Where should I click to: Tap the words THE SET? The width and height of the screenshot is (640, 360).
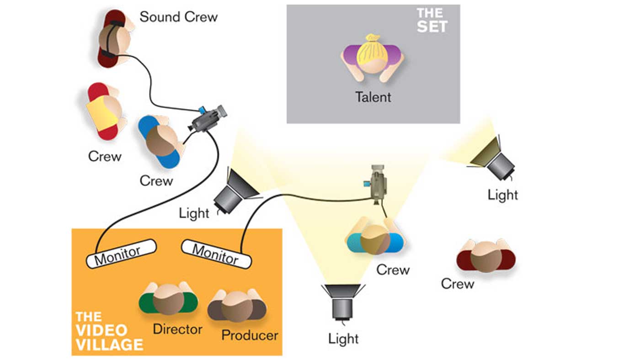pyautogui.click(x=432, y=20)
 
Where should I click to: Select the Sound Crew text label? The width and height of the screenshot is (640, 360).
pyautogui.click(x=178, y=17)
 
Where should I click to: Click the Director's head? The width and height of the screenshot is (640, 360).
pyautogui.click(x=168, y=299)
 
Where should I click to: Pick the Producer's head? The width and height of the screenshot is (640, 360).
pyautogui.click(x=237, y=306)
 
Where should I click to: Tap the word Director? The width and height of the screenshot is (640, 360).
pyautogui.click(x=177, y=329)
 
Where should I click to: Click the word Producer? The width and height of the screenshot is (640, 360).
pyautogui.click(x=250, y=335)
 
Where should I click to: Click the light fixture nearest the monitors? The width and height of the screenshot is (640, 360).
pyautogui.click(x=235, y=192)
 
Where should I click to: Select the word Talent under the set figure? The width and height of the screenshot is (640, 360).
pyautogui.click(x=373, y=97)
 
